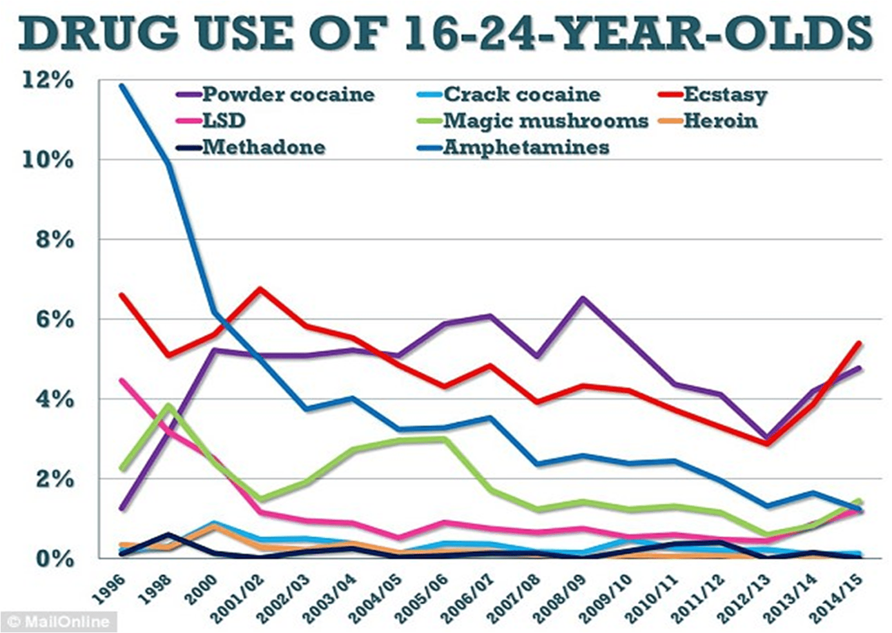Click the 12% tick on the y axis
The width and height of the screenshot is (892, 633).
[48, 80]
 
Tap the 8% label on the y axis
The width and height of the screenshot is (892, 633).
[54, 240]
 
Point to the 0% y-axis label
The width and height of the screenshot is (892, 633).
[54, 558]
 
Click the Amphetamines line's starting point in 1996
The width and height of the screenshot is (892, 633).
[121, 84]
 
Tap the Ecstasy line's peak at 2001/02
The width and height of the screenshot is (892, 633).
[260, 288]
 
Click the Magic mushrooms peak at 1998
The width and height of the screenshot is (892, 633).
[168, 405]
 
